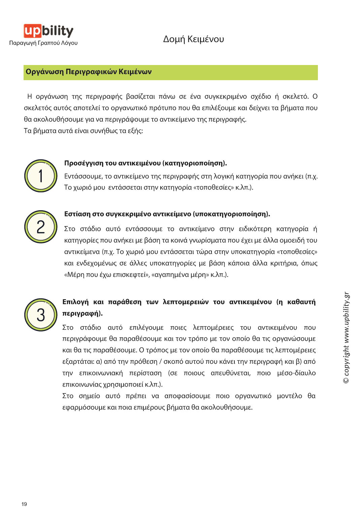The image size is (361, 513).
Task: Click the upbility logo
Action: pos(48,31)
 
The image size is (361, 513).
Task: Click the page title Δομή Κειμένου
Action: pos(193,39)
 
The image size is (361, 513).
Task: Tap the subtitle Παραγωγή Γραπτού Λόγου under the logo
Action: pos(43,43)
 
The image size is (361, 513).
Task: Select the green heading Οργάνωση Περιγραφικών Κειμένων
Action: pos(89,72)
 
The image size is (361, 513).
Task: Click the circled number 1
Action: pos(41,176)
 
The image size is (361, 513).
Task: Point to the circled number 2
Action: pos(41,227)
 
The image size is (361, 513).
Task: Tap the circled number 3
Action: pos(41,315)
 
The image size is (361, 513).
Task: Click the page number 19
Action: pos(24,504)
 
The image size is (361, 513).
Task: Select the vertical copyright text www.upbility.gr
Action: pos(347,338)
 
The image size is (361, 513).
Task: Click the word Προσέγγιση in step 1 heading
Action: pos(84,163)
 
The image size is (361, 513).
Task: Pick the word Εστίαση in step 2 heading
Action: pos(77,214)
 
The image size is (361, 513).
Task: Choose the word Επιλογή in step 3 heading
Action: pos(75,302)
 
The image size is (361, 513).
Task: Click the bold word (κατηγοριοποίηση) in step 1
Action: pos(194,163)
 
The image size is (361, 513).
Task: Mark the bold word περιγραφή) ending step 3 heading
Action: pos(83,314)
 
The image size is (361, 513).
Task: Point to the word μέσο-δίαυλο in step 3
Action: pos(296,373)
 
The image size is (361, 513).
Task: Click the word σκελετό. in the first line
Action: pos(295,97)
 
